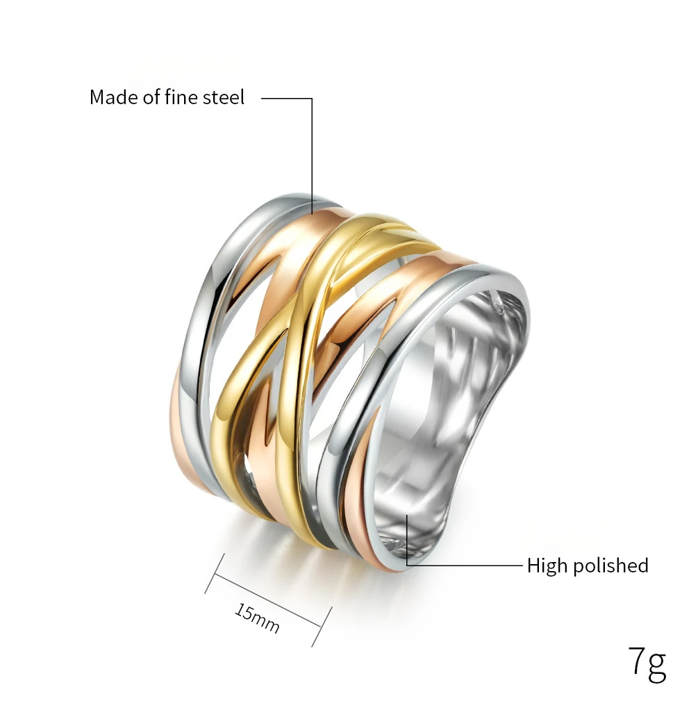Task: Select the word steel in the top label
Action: (x=223, y=97)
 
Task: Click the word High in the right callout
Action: (x=547, y=566)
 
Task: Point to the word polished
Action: (x=610, y=566)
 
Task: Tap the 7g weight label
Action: (x=647, y=664)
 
